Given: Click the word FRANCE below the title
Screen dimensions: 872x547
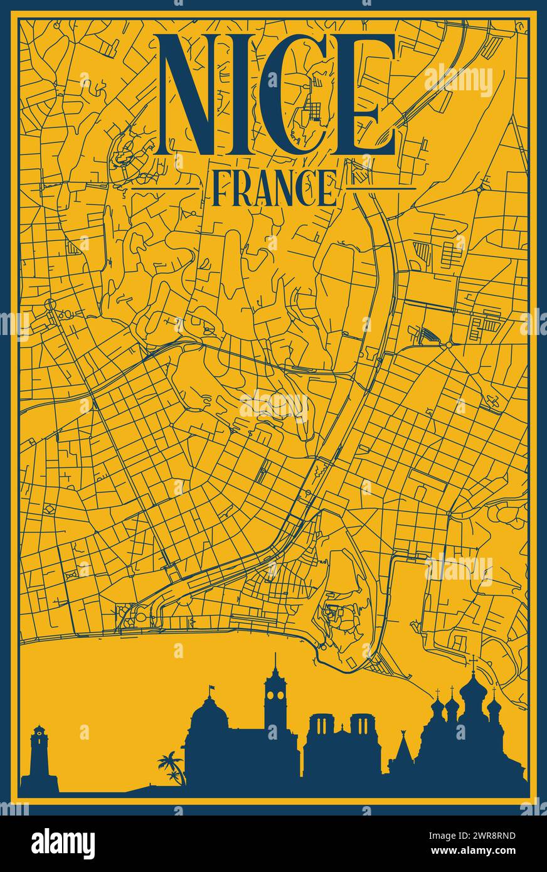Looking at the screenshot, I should [x=273, y=188].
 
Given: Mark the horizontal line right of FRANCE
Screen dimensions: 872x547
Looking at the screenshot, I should [x=381, y=188].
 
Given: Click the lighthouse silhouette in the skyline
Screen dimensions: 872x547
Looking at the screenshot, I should [x=39, y=756].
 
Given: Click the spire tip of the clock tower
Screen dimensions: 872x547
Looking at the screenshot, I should [x=274, y=656].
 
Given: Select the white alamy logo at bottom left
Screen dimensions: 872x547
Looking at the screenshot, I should [x=63, y=843].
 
